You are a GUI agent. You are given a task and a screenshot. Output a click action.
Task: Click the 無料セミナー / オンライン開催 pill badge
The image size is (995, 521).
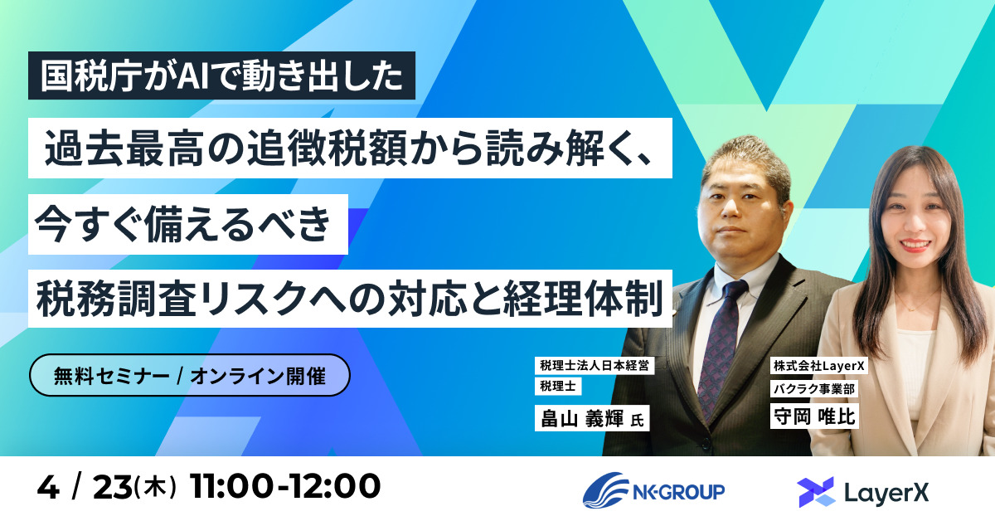[x=190, y=376]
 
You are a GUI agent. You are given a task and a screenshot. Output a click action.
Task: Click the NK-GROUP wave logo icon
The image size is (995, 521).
[x=605, y=490]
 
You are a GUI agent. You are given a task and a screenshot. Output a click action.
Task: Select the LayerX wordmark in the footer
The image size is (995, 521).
[x=885, y=492]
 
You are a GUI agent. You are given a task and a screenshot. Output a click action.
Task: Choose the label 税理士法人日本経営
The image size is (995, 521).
[x=594, y=365]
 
